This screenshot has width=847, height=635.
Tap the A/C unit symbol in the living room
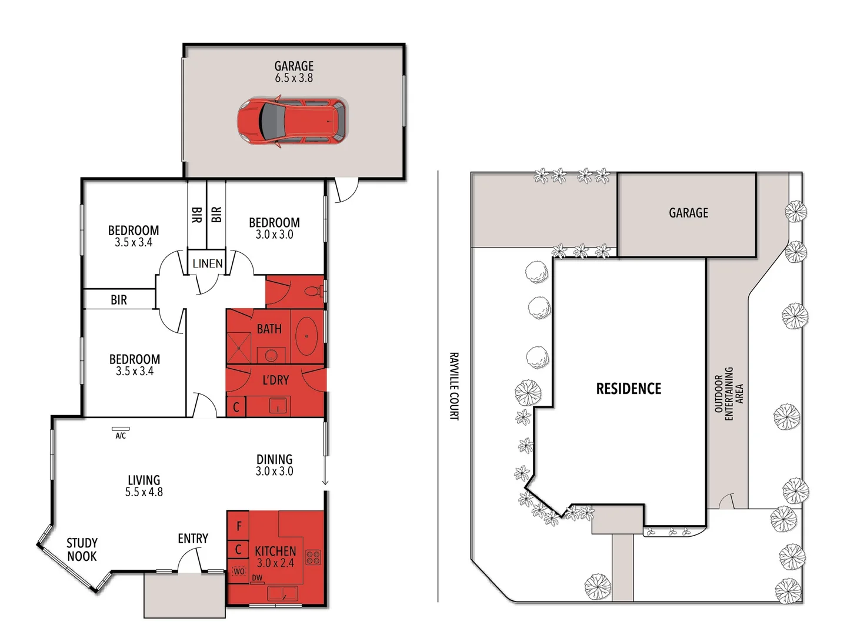click(x=121, y=429)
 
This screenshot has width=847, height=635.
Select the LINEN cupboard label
click(x=208, y=264)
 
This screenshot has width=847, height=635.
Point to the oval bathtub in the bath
click(x=306, y=336)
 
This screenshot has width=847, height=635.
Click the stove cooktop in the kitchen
click(x=313, y=557)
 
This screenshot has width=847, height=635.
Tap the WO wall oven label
click(x=239, y=571)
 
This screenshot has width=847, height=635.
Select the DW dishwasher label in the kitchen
click(x=257, y=578)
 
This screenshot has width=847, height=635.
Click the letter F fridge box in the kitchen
click(x=239, y=526)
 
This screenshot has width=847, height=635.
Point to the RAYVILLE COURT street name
click(x=454, y=386)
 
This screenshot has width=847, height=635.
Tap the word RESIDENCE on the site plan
click(x=628, y=389)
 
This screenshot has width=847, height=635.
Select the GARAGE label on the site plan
click(x=688, y=213)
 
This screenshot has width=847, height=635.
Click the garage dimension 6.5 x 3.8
click(x=294, y=78)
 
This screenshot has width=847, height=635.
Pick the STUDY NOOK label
click(x=82, y=550)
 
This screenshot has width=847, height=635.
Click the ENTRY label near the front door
click(x=193, y=539)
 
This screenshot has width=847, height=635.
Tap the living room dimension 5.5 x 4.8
click(x=144, y=492)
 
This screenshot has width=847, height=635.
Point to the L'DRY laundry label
click(x=275, y=380)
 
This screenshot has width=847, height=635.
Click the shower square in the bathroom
click(x=239, y=347)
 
